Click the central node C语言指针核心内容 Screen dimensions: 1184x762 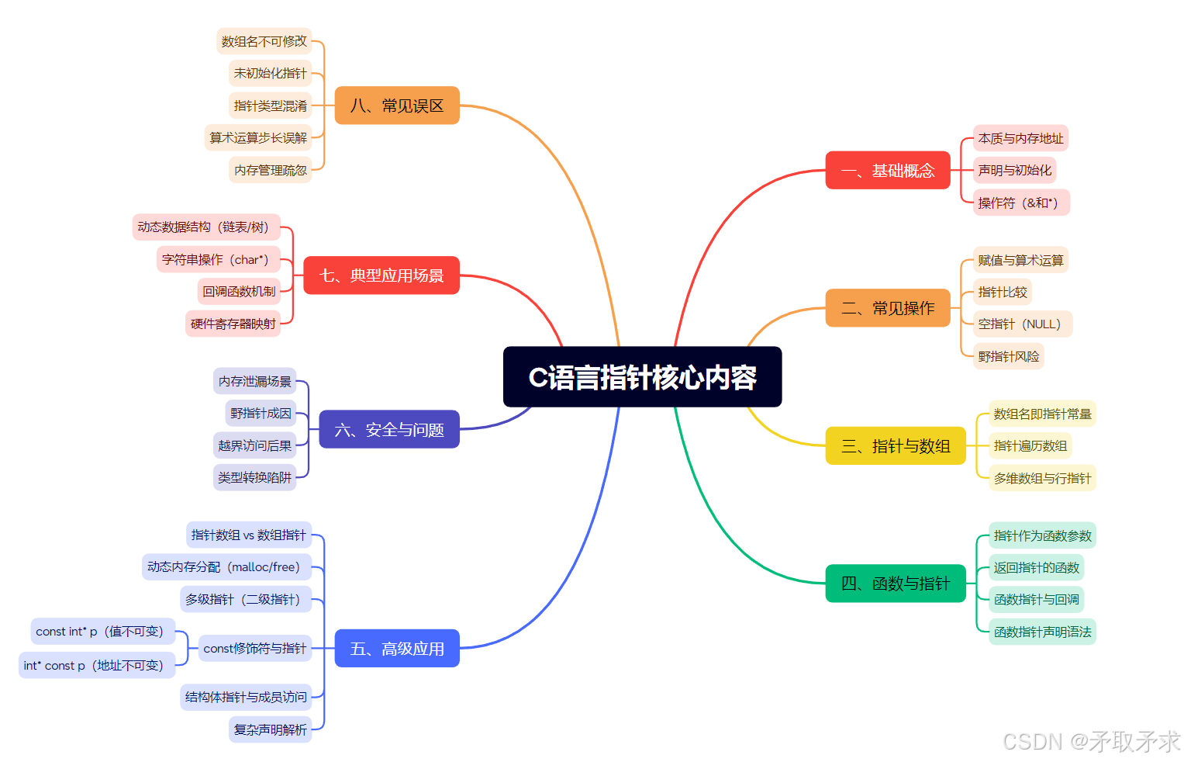point(642,377)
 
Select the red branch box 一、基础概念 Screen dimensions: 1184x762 point(888,170)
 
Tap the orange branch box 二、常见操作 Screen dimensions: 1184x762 point(888,308)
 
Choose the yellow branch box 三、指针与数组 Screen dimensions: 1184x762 point(896,446)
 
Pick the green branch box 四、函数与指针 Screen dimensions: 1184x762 point(896,584)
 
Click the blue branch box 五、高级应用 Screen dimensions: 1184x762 point(397,648)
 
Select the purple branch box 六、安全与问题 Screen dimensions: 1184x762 point(389,429)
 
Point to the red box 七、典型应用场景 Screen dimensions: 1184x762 point(381,275)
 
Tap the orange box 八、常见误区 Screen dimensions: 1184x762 point(397,106)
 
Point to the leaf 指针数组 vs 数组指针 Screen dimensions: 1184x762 point(248,535)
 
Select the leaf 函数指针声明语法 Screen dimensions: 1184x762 point(1042,632)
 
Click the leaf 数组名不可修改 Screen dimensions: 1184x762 point(264,41)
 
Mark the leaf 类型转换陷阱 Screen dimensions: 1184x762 point(254,477)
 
